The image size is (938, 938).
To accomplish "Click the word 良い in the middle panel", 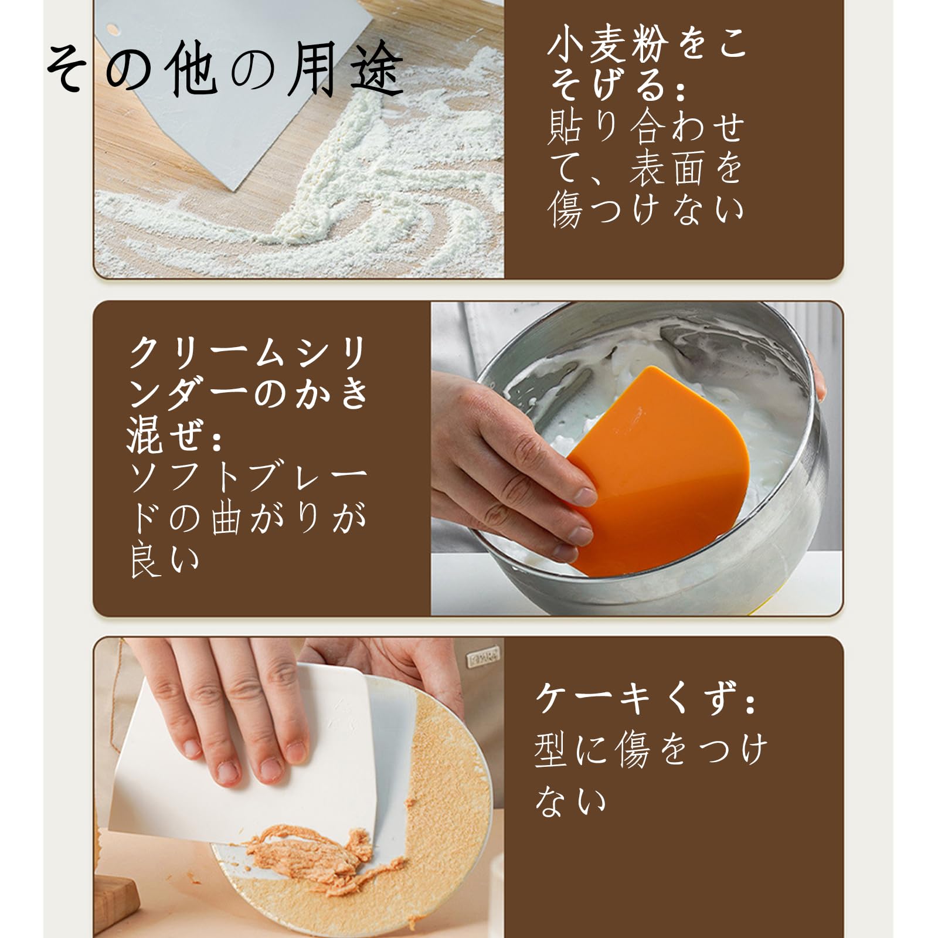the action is click(165, 561).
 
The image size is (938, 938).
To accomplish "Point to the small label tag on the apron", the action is click(485, 660).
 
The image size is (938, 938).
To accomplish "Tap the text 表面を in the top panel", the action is click(686, 167).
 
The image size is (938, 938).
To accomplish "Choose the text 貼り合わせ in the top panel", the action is click(645, 126).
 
